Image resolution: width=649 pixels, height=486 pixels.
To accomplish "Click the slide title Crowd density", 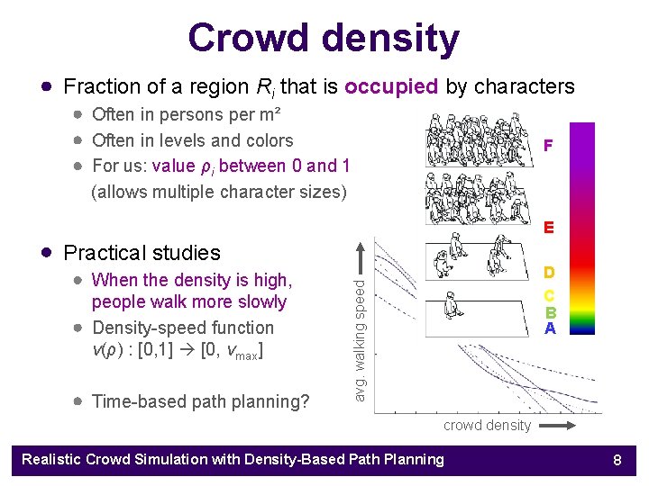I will (x=324, y=38).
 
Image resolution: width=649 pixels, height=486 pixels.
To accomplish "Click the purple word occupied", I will (x=391, y=86).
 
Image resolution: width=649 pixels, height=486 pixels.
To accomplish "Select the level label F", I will (x=548, y=145).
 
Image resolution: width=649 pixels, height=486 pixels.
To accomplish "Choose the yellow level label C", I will (x=548, y=295).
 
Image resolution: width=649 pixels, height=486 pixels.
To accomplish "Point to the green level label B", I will (x=548, y=312).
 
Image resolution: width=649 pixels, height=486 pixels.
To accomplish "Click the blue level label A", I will (x=548, y=328).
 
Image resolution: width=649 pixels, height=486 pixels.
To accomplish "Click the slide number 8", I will (x=617, y=460).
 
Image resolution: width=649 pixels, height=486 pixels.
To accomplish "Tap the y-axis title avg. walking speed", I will (x=360, y=340).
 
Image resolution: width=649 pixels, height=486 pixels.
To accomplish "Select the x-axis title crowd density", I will (x=487, y=426).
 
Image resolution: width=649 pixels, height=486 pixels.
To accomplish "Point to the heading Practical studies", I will (x=142, y=253).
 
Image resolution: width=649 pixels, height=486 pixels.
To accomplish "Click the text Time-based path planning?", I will (x=201, y=401).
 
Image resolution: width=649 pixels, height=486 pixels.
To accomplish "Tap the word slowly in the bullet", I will (x=261, y=301).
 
